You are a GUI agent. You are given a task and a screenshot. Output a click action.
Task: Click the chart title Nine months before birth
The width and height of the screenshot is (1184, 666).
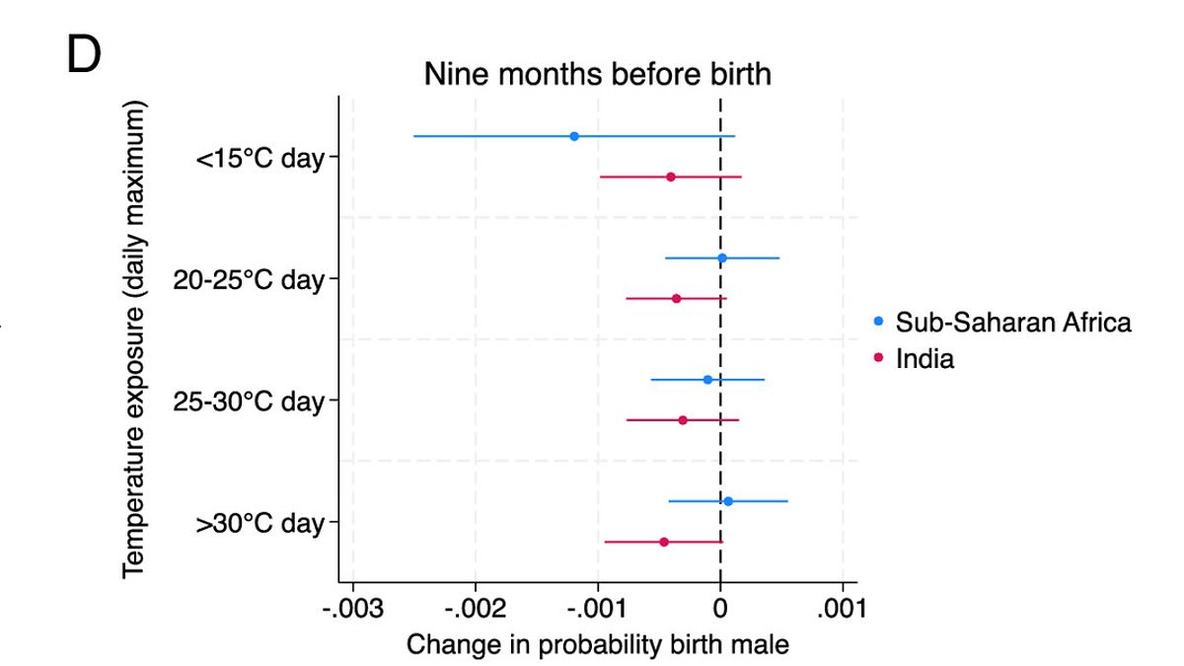597,74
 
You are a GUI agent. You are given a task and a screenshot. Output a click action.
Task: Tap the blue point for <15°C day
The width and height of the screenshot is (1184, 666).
574,136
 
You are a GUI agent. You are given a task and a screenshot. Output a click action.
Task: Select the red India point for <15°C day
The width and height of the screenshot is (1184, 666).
671,177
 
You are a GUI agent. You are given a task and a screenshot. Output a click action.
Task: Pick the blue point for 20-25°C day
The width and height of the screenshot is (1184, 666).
722,259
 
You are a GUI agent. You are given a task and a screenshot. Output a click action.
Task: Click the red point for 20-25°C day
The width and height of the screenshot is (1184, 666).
676,298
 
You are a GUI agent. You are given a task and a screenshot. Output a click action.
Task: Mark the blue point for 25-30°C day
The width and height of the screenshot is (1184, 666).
707,380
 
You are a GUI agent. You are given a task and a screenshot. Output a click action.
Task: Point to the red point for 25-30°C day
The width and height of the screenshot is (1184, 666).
683,420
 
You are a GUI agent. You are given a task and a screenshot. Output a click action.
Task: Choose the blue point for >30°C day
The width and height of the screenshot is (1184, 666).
728,501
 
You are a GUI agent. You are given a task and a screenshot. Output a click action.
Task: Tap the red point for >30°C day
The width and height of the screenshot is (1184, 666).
664,542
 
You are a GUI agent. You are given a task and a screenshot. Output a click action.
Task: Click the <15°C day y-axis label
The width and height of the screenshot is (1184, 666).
260,158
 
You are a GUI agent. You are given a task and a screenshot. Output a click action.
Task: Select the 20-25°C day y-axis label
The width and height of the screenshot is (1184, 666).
249,280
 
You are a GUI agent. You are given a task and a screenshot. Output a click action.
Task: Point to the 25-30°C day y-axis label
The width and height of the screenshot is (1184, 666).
249,402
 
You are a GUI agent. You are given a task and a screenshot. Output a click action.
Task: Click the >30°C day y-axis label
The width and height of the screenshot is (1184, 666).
260,524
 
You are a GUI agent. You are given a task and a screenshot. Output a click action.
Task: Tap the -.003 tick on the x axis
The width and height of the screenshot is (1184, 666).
352,608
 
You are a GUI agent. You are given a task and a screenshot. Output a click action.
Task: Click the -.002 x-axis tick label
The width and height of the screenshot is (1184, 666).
475,608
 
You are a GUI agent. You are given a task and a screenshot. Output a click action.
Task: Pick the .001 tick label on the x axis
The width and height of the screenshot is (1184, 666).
842,608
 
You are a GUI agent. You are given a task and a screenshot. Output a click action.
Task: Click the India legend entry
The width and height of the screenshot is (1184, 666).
925,358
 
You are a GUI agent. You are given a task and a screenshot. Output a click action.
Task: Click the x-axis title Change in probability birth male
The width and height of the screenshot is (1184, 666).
598,644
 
